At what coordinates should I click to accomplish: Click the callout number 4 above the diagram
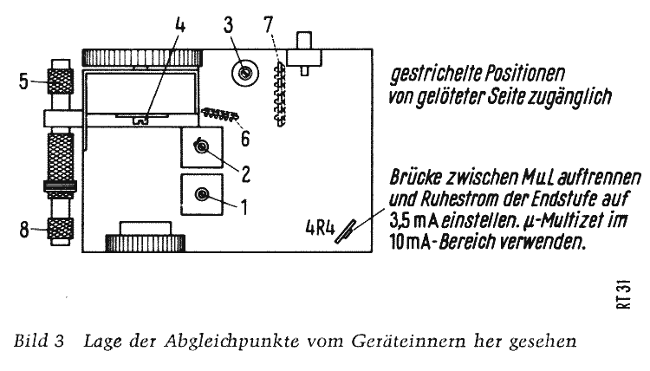[179, 25]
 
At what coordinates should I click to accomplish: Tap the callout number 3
[229, 25]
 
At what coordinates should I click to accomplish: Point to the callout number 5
[23, 81]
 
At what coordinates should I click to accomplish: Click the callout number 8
[24, 230]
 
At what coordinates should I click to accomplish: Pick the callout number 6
[245, 139]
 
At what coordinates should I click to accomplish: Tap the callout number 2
[246, 174]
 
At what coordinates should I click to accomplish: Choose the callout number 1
[244, 207]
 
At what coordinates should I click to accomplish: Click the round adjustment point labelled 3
[245, 74]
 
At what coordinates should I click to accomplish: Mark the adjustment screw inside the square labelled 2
[202, 146]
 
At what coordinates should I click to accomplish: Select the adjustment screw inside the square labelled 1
[202, 193]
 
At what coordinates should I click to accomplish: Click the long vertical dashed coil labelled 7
[280, 94]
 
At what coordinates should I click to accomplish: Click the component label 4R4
[320, 228]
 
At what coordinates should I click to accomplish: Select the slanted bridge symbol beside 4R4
[345, 231]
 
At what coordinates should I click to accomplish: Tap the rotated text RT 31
[624, 295]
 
